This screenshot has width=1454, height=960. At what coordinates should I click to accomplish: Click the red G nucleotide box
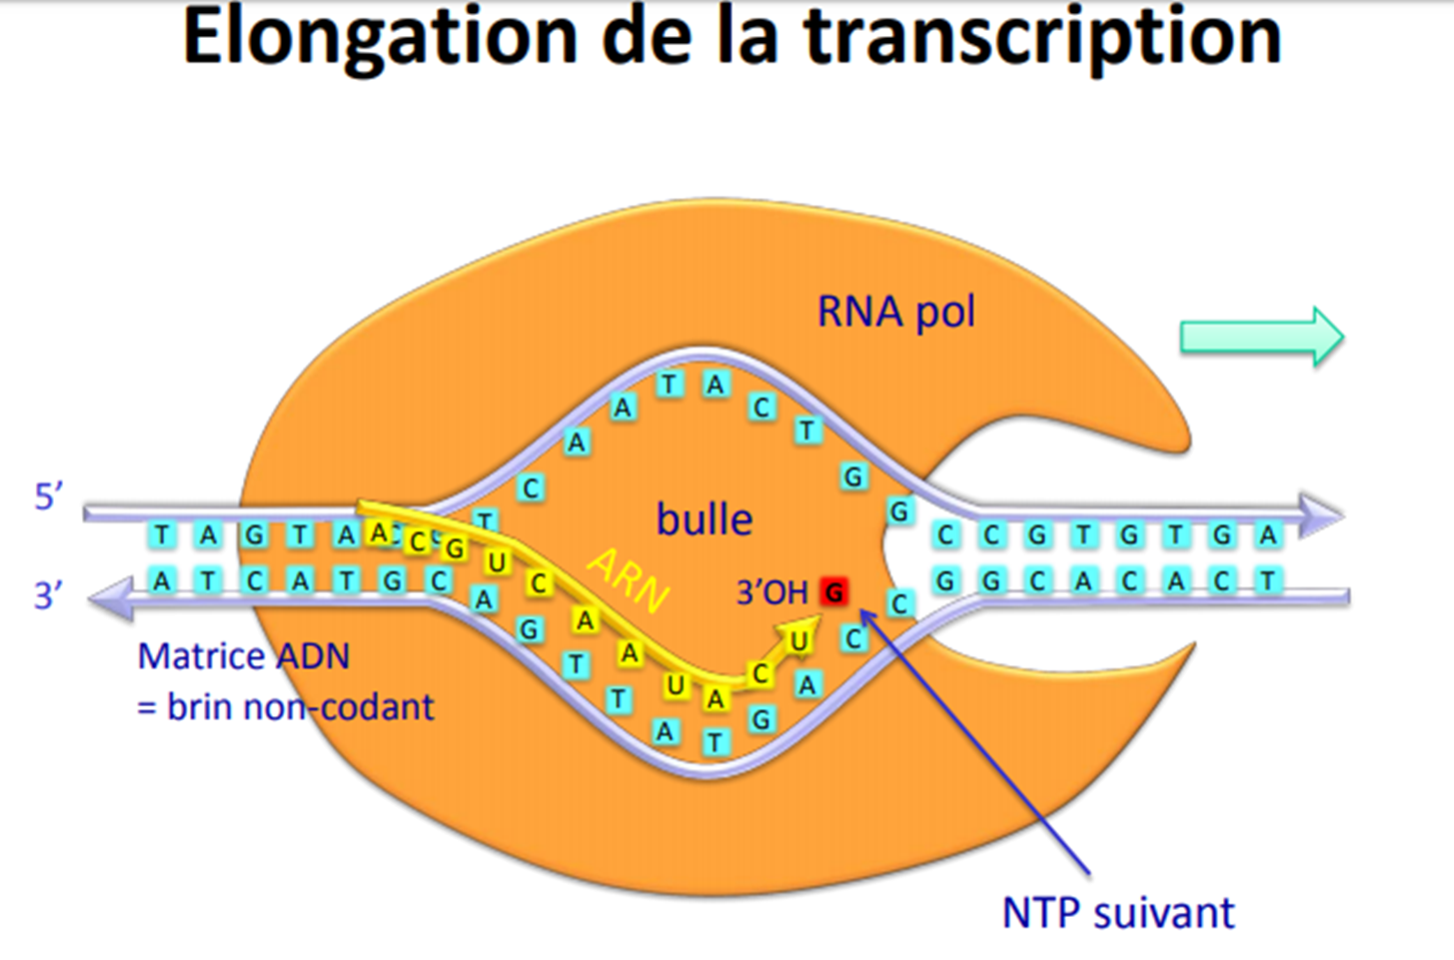pyautogui.click(x=833, y=592)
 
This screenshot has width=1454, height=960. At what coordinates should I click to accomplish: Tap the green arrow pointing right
pyautogui.click(x=1262, y=337)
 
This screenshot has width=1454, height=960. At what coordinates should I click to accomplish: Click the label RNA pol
pyautogui.click(x=895, y=312)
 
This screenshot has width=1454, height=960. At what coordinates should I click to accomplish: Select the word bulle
pyautogui.click(x=704, y=519)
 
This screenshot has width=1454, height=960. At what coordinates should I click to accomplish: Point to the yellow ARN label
pyautogui.click(x=628, y=580)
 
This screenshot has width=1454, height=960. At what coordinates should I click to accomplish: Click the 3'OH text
pyautogui.click(x=771, y=593)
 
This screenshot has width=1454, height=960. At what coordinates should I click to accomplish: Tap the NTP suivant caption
pyautogui.click(x=1118, y=913)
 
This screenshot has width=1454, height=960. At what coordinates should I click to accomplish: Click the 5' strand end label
pyautogui.click(x=49, y=496)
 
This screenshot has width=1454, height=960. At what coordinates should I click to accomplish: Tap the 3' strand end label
pyautogui.click(x=49, y=596)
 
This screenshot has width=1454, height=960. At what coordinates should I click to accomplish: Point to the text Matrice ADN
pyautogui.click(x=244, y=656)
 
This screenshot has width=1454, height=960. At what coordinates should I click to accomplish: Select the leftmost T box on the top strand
pyautogui.click(x=161, y=535)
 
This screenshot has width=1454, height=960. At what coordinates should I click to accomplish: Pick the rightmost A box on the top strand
pyautogui.click(x=1268, y=535)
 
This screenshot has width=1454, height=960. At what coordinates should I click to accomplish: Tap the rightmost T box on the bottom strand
pyautogui.click(x=1268, y=580)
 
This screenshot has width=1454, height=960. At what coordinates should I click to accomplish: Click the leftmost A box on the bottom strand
pyautogui.click(x=161, y=580)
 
